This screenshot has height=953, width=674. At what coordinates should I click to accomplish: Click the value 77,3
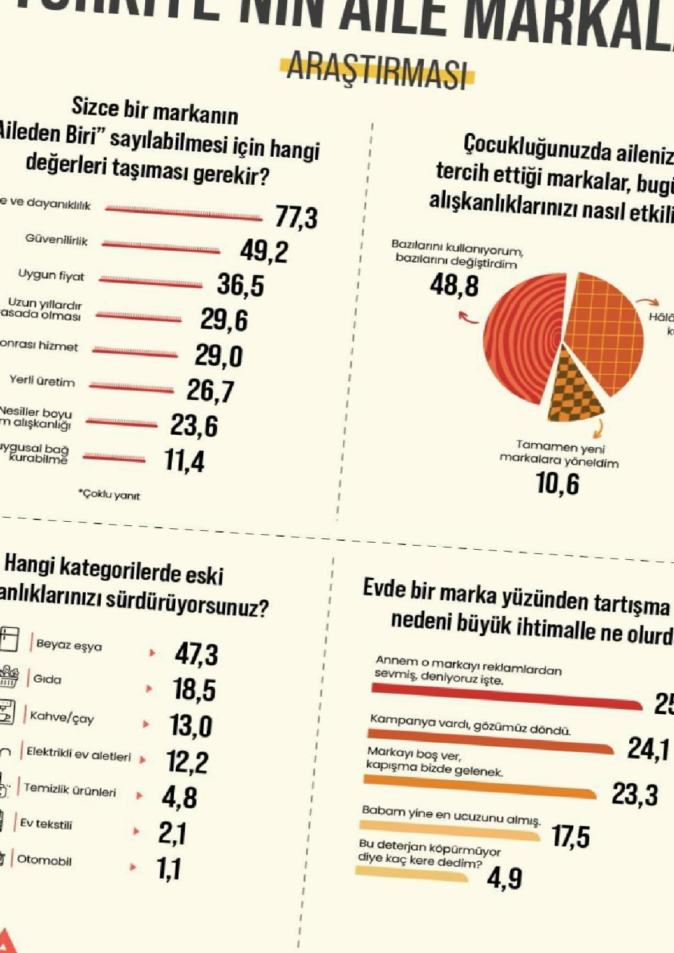click(296, 217)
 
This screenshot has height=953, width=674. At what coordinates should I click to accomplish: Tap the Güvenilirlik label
click(56, 240)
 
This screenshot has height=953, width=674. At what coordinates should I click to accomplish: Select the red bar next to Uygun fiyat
click(151, 282)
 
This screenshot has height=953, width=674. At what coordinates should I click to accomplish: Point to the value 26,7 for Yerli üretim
click(210, 391)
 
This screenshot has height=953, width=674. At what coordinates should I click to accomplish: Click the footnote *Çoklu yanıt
click(110, 494)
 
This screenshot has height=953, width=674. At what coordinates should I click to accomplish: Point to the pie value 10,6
click(557, 483)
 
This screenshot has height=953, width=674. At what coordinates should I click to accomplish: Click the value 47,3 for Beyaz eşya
click(197, 654)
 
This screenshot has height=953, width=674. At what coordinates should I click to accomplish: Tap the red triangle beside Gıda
click(149, 689)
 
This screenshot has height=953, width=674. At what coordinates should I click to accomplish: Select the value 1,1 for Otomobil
click(169, 869)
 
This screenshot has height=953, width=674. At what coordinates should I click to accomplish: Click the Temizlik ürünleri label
click(70, 790)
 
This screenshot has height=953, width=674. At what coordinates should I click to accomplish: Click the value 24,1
click(648, 749)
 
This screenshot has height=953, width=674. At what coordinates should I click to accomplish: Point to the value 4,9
click(504, 879)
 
